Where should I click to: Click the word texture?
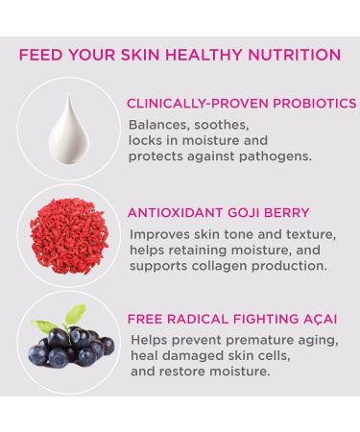click(304, 233)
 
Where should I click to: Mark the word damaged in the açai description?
click(198, 355)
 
